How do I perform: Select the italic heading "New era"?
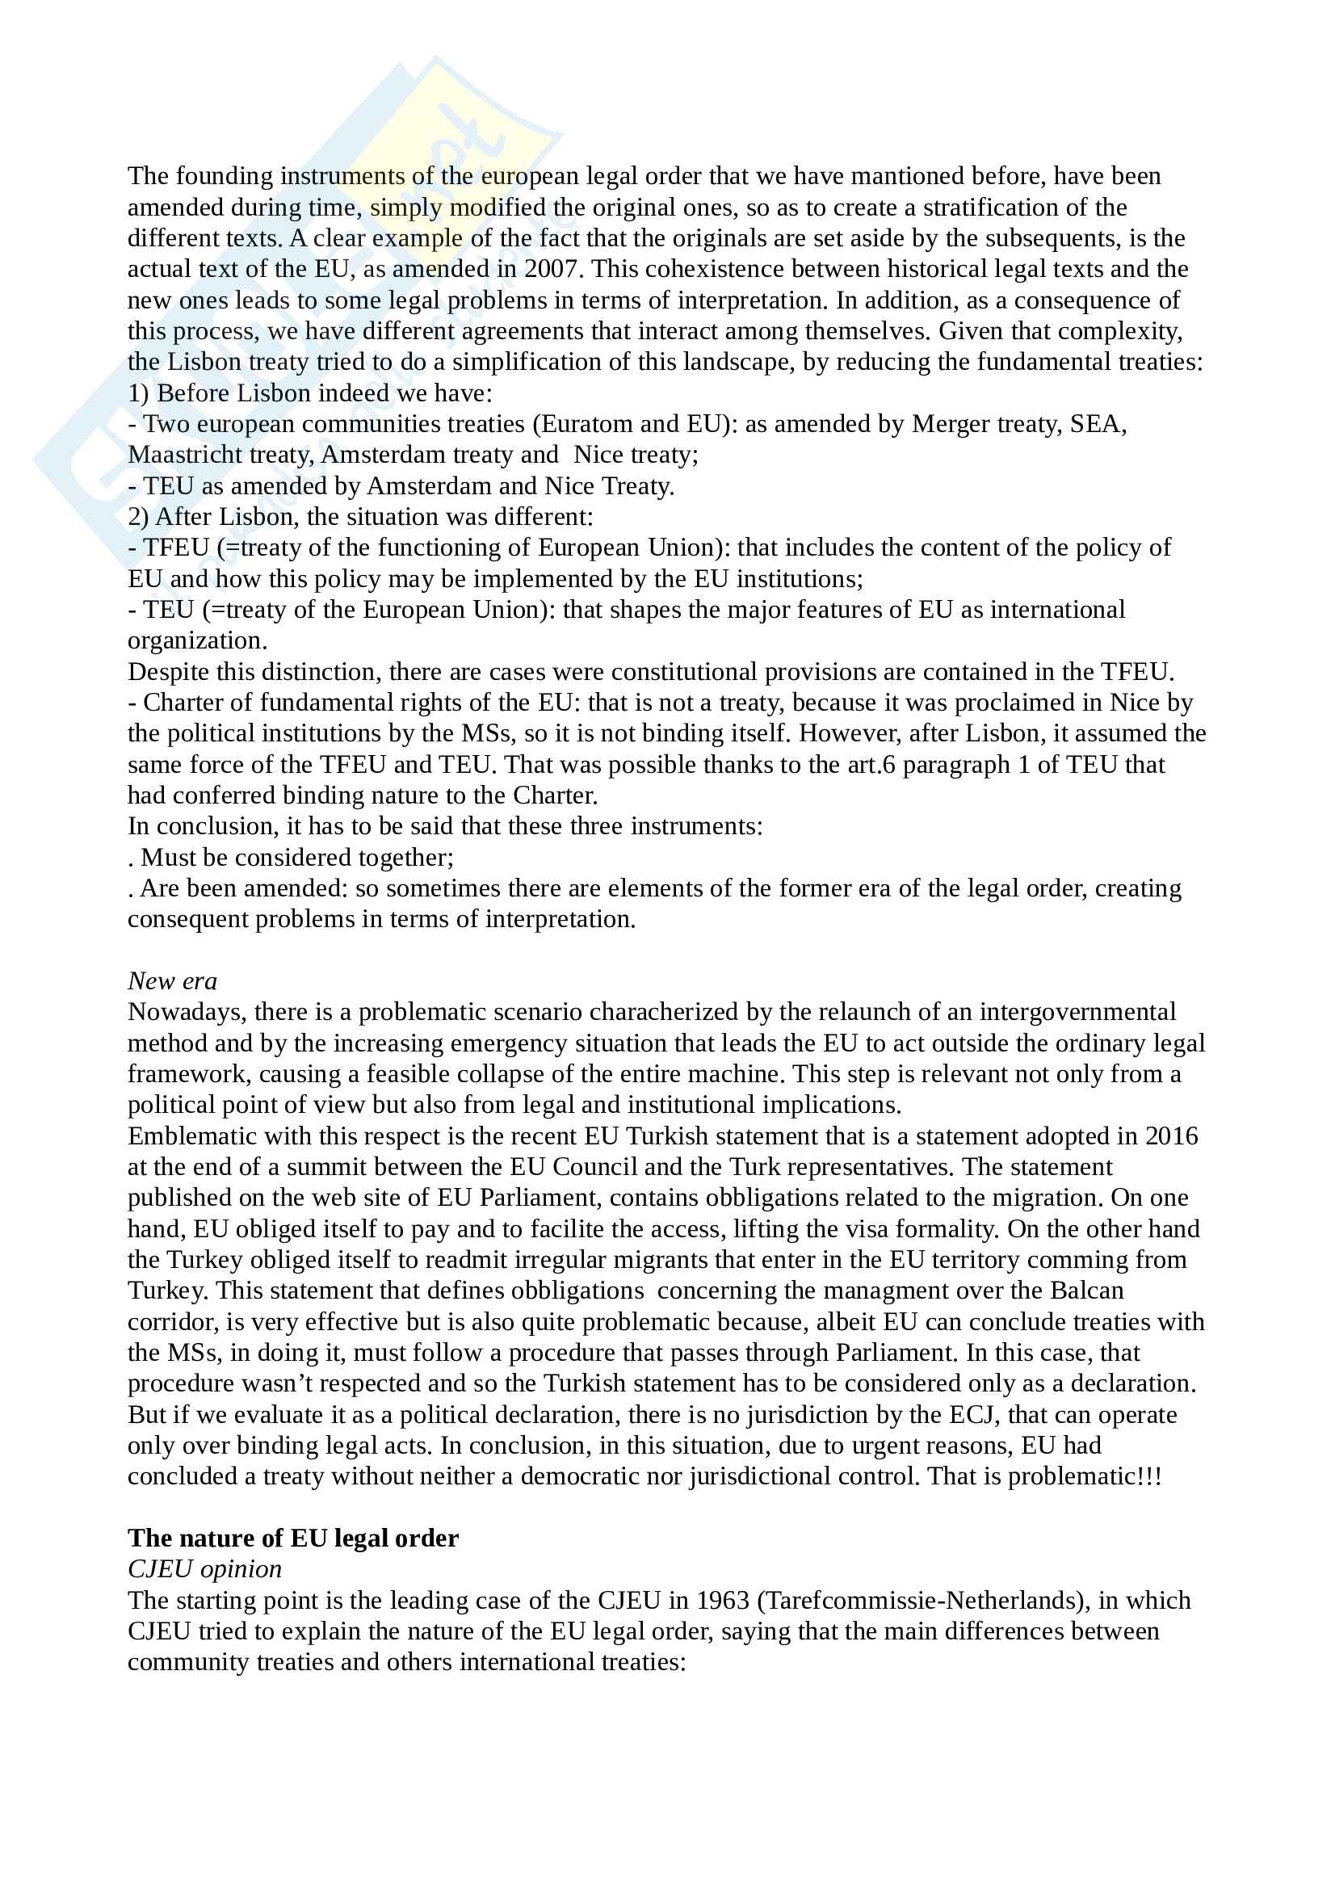(172, 981)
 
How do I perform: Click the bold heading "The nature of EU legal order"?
(293, 1538)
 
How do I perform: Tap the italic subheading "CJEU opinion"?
(204, 1570)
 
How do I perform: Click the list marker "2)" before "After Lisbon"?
(137, 518)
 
